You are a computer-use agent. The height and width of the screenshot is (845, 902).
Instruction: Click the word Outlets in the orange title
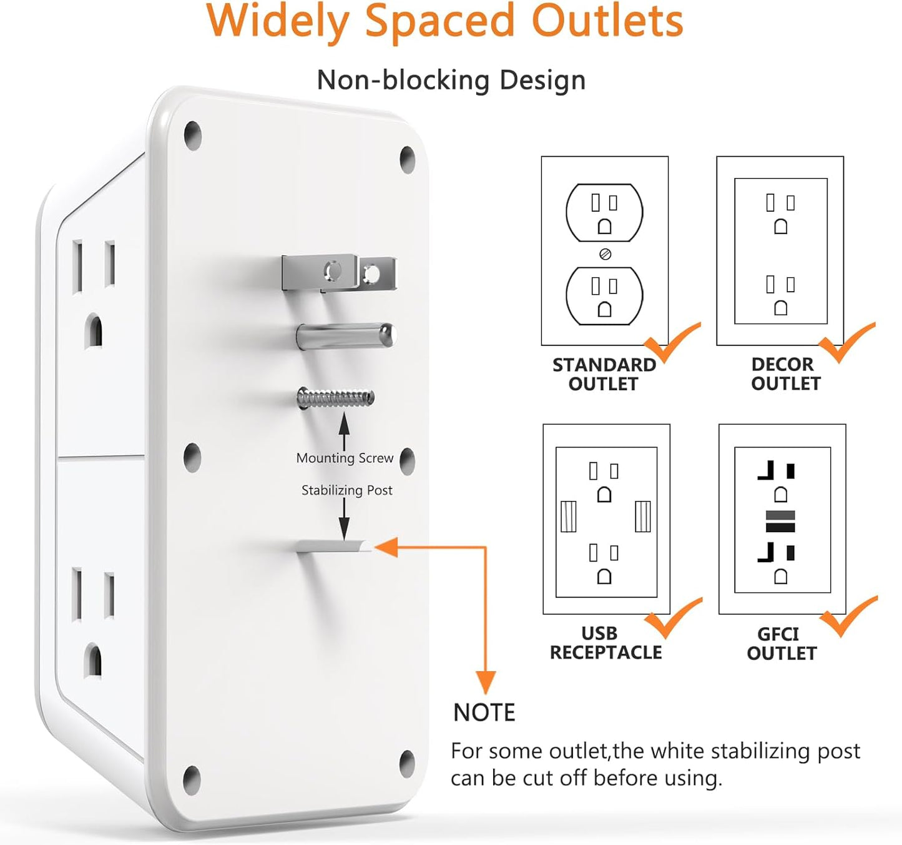607,21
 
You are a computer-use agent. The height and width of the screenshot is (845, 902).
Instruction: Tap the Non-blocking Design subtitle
451,81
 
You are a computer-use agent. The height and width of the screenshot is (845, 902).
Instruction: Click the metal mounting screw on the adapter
335,398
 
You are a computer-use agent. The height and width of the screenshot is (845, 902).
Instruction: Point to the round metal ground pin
345,336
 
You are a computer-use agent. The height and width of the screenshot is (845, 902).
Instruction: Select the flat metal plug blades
338,273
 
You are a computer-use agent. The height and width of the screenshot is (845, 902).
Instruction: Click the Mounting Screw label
345,458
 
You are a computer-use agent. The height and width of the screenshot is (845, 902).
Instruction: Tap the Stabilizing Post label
346,490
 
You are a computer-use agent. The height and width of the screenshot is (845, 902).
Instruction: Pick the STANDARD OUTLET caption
604,374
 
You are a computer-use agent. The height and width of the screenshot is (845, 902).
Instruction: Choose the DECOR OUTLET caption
785,373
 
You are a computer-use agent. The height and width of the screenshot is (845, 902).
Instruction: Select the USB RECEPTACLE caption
605,643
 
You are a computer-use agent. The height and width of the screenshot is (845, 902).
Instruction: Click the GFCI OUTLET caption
781,643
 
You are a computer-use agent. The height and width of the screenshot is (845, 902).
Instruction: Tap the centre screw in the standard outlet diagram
604,254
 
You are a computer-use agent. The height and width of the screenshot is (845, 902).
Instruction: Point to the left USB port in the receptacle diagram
568,516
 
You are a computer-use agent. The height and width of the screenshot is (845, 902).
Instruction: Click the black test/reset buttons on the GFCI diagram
780,521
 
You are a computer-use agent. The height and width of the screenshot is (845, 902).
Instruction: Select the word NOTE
484,713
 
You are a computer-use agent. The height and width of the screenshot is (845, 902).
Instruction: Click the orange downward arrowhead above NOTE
486,682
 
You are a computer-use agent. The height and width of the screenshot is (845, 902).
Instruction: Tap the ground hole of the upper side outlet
94,331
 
